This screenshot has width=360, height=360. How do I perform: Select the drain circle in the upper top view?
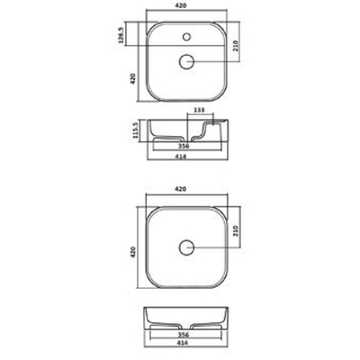[x=188, y=61]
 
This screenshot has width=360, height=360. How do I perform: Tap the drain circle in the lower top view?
[x=188, y=246]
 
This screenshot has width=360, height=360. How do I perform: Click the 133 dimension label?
[x=199, y=112]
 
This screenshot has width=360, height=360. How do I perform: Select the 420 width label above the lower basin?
[x=187, y=191]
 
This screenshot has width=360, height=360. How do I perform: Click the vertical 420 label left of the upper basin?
[x=132, y=80]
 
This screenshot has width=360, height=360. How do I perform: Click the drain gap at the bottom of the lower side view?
[x=188, y=325]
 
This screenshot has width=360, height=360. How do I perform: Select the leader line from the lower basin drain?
[x=214, y=246]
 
